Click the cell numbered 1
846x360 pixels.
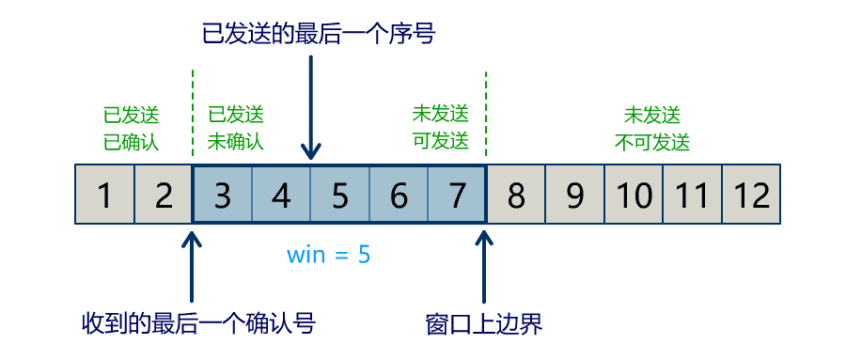click(x=104, y=195)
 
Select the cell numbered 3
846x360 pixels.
click(x=222, y=195)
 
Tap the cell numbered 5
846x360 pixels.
click(x=340, y=195)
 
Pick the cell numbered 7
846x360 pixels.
click(x=457, y=195)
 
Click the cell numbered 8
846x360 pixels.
click(x=516, y=195)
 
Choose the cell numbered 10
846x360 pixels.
click(x=634, y=195)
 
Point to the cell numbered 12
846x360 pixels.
click(x=752, y=195)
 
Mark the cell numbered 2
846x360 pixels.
click(x=164, y=195)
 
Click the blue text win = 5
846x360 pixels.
click(x=329, y=255)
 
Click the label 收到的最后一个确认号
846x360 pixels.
click(x=197, y=324)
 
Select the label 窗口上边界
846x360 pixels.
click(x=484, y=324)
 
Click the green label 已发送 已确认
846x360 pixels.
click(x=132, y=129)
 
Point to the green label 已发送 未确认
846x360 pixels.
click(x=235, y=129)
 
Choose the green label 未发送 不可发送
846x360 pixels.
click(x=652, y=129)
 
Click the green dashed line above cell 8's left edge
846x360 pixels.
click(x=486, y=113)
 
